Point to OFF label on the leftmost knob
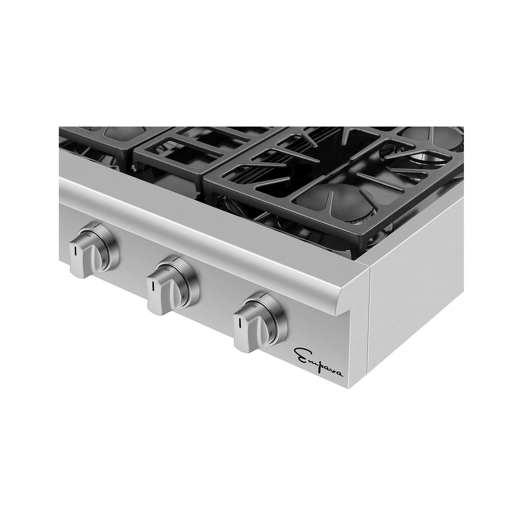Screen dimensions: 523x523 (x=89, y=235)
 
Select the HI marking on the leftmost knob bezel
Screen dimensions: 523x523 (x=103, y=261)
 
